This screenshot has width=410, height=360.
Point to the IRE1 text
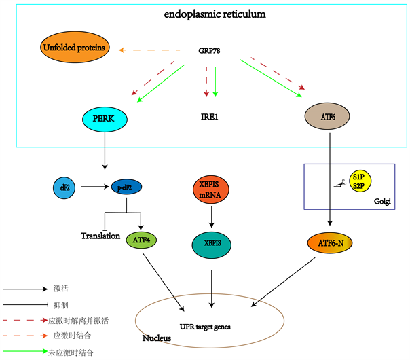[x=210, y=117]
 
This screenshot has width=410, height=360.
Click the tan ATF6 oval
[x=328, y=117]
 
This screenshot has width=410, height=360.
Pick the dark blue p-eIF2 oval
[x=128, y=185]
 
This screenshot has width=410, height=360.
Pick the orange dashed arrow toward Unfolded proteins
[x=154, y=50]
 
